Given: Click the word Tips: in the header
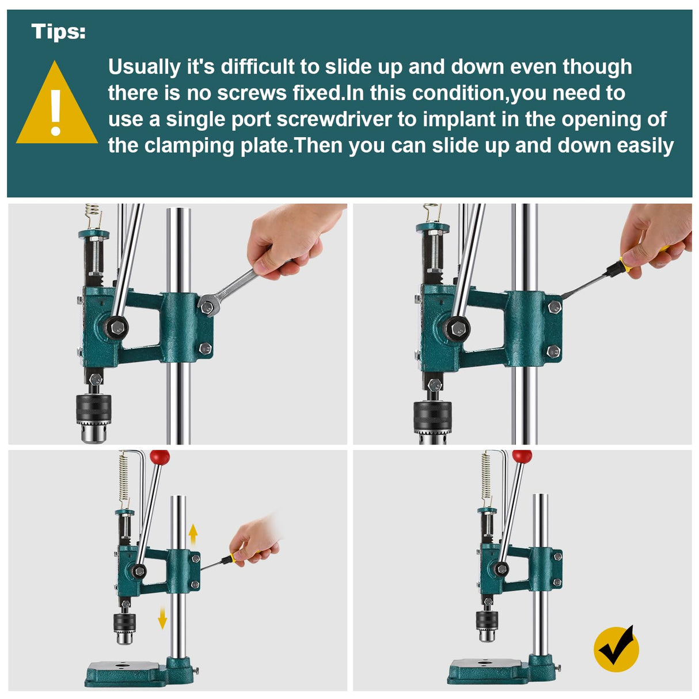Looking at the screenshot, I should click(x=58, y=31).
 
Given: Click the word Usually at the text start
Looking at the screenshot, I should click(x=144, y=67).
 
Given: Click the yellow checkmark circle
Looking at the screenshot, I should click(x=616, y=649).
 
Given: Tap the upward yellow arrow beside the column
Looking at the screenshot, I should click(x=193, y=535).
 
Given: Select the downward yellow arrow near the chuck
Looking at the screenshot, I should click(x=162, y=618).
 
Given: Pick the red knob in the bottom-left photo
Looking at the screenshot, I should click(x=160, y=458).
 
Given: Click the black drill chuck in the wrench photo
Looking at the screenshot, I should click(x=93, y=410).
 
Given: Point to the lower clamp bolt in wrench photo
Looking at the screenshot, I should click(x=205, y=348).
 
